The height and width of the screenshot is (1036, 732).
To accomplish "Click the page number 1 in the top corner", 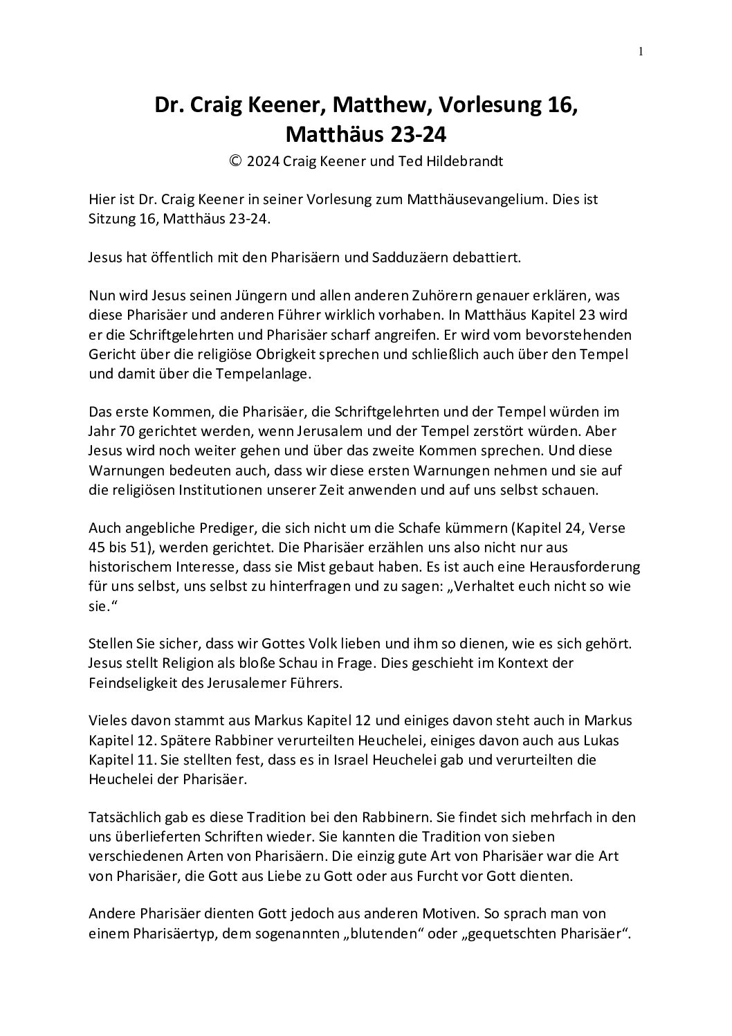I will pos(641,51).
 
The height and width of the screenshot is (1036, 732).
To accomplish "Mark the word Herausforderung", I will pos(580,566).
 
